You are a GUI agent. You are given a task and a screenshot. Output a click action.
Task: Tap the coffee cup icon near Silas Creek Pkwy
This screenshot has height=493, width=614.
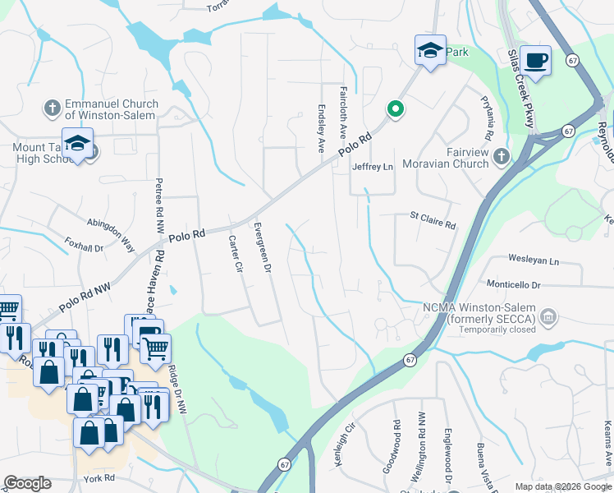pos(535,62)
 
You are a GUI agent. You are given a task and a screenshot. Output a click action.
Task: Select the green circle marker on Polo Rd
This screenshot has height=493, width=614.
pos(395,108)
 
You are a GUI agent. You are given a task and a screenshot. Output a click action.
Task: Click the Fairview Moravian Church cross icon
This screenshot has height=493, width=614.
pos(501,154)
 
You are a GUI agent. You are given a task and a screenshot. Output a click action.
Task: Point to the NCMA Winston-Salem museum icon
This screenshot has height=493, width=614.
pos(549,316)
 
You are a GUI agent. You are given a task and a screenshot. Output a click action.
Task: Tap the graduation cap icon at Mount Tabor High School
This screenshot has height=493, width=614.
pos(77,144)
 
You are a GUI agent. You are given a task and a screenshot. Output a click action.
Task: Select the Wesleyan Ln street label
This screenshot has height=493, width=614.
pos(533,260)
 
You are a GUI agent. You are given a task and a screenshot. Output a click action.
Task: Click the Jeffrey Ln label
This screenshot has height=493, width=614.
pos(373,167)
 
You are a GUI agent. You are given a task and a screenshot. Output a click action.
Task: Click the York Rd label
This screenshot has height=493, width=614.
pos(96,478)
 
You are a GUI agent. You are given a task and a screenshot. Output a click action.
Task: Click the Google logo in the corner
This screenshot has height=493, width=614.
pos(27,483)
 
